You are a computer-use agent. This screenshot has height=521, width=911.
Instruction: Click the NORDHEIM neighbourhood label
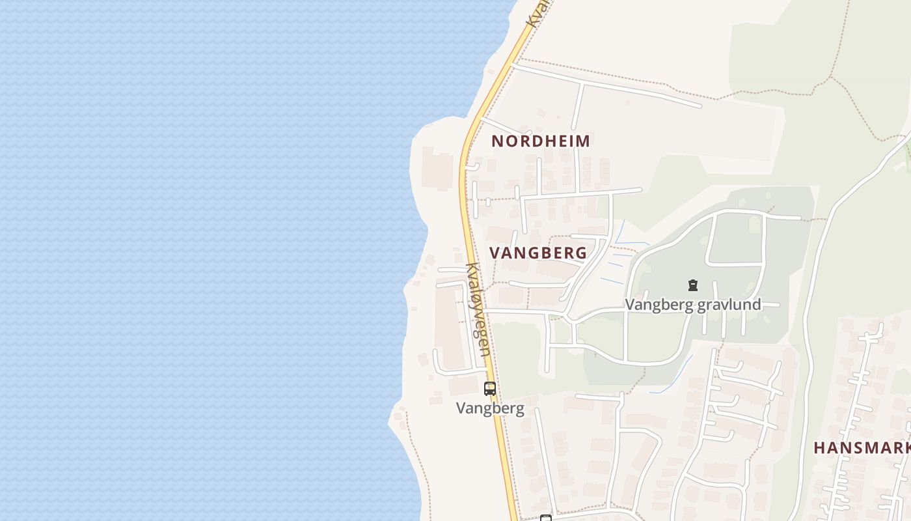point(541,141)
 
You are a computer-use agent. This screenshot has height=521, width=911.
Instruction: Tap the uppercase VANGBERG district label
point(538,253)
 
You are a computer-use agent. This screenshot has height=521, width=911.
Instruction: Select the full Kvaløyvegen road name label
point(478,309)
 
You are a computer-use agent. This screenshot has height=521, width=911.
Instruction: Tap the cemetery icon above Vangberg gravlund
point(693,285)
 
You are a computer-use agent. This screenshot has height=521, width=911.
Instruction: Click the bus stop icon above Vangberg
point(490,389)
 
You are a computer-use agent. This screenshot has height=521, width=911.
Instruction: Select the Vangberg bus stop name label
point(490,408)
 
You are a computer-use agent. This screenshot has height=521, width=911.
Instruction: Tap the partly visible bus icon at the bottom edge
point(546,518)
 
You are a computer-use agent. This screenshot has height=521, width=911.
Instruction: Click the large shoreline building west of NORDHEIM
point(437,168)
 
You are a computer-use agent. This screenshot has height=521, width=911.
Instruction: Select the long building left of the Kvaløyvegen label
point(449,326)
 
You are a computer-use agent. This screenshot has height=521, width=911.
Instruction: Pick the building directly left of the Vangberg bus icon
point(463,386)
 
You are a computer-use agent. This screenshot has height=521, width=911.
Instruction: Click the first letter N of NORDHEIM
point(497,141)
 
